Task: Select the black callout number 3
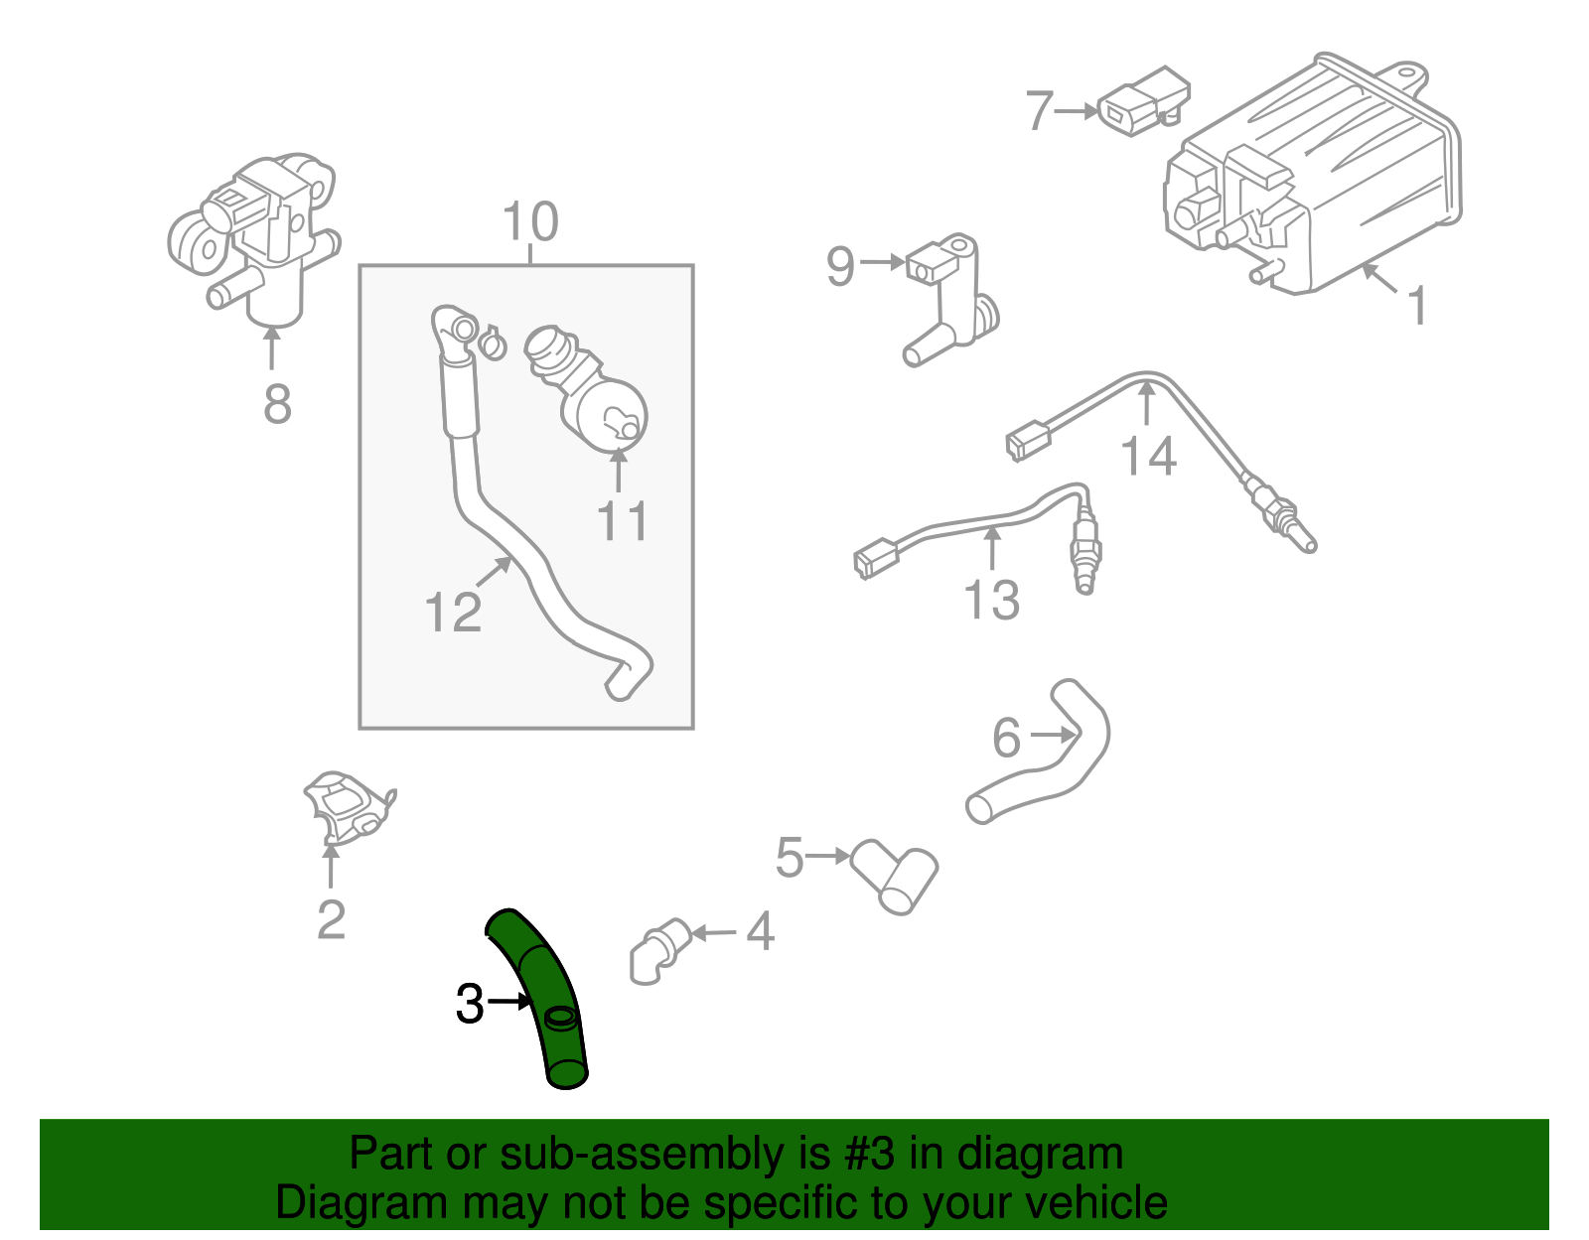[469, 1004]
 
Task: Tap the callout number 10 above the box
[530, 221]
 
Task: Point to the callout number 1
[1418, 305]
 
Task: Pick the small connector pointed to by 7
[1142, 100]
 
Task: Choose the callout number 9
[840, 266]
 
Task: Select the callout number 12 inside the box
[453, 612]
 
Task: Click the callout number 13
[991, 600]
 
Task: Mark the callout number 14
[1148, 456]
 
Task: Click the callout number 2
[331, 919]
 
